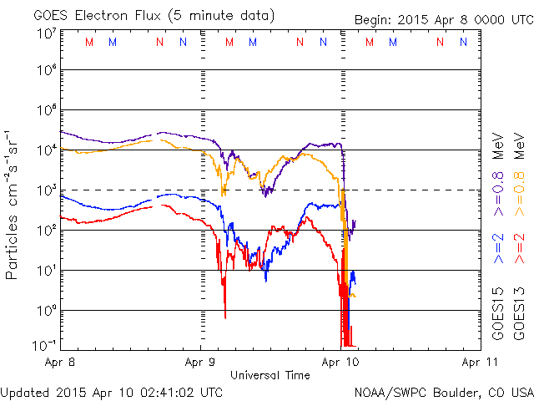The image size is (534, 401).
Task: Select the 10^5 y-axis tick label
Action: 45,110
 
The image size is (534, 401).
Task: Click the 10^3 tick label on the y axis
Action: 45,190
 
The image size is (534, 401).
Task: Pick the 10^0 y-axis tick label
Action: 45,311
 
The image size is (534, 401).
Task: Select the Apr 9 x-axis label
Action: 199,363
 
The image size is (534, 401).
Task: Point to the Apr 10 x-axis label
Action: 340,363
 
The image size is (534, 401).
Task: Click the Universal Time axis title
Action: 270,375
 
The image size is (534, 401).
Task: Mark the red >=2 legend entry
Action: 521,248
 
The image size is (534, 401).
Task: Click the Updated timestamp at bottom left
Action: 113,391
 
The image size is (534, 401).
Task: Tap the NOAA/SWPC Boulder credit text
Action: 443,391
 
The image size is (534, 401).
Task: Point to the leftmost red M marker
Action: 90,42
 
